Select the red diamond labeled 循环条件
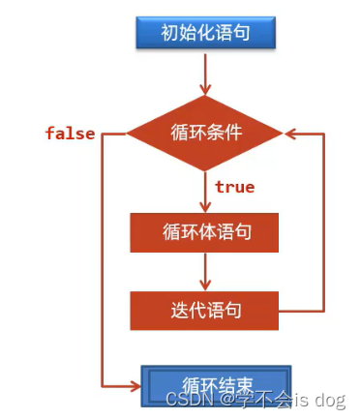(205, 134)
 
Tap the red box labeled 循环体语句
(205, 232)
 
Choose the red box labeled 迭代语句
(205, 310)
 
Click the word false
(70, 133)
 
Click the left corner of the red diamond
(128, 134)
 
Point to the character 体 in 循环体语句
(205, 232)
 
